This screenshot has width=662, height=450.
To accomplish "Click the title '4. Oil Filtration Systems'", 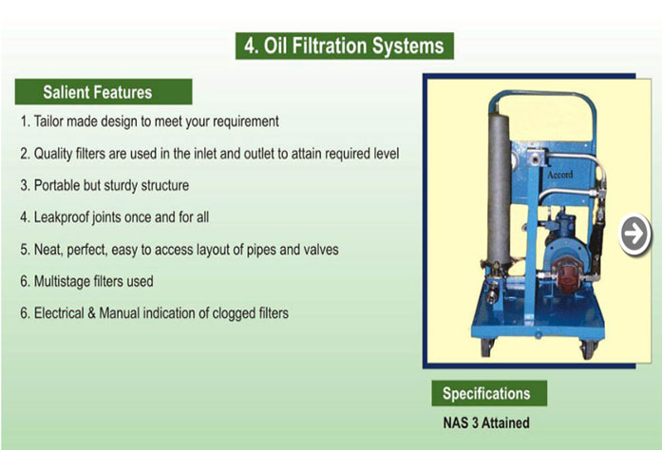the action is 345,46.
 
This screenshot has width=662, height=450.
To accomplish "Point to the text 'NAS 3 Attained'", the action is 486,422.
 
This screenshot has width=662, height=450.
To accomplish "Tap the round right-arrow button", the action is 634,234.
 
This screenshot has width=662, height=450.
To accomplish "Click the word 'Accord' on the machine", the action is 560,175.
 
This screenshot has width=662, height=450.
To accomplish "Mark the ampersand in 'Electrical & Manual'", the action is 91,313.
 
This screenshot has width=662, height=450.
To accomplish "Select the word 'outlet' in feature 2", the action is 258,153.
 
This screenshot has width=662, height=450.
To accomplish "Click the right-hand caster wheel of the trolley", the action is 589,349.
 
